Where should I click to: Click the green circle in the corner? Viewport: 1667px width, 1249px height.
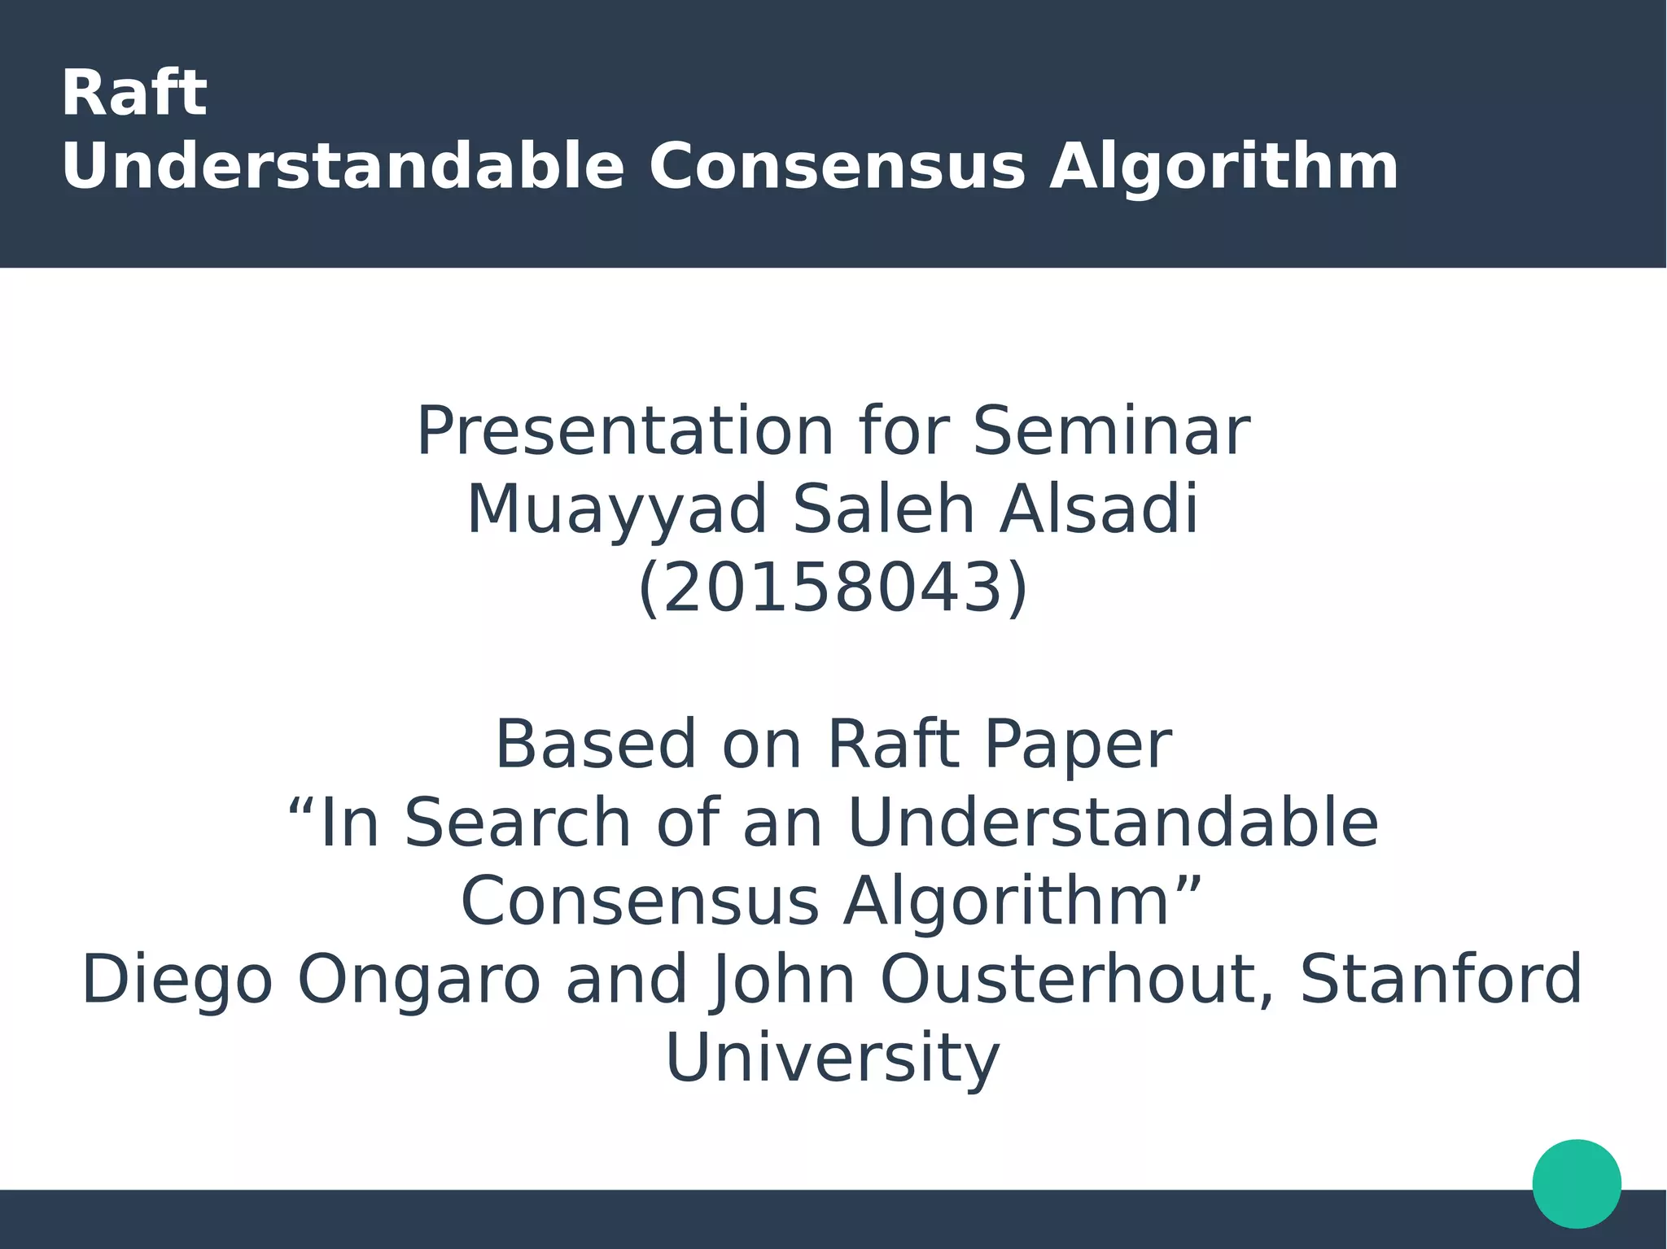point(1576,1183)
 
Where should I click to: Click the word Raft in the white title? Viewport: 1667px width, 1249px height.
point(134,94)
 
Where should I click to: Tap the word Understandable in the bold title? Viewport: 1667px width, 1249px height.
point(343,168)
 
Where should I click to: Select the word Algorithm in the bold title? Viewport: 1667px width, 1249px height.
point(1223,168)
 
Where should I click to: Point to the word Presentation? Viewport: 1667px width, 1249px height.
point(624,432)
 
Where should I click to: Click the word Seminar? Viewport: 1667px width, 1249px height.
point(1111,432)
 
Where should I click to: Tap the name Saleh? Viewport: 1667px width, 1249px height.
point(883,509)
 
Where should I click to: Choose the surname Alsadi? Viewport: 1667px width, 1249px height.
point(1099,509)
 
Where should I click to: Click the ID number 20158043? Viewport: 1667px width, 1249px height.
point(833,588)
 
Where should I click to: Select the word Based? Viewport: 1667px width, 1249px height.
point(596,745)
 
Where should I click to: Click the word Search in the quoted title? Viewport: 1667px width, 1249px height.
point(518,823)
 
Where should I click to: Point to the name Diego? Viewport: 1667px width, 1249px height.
point(177,981)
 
